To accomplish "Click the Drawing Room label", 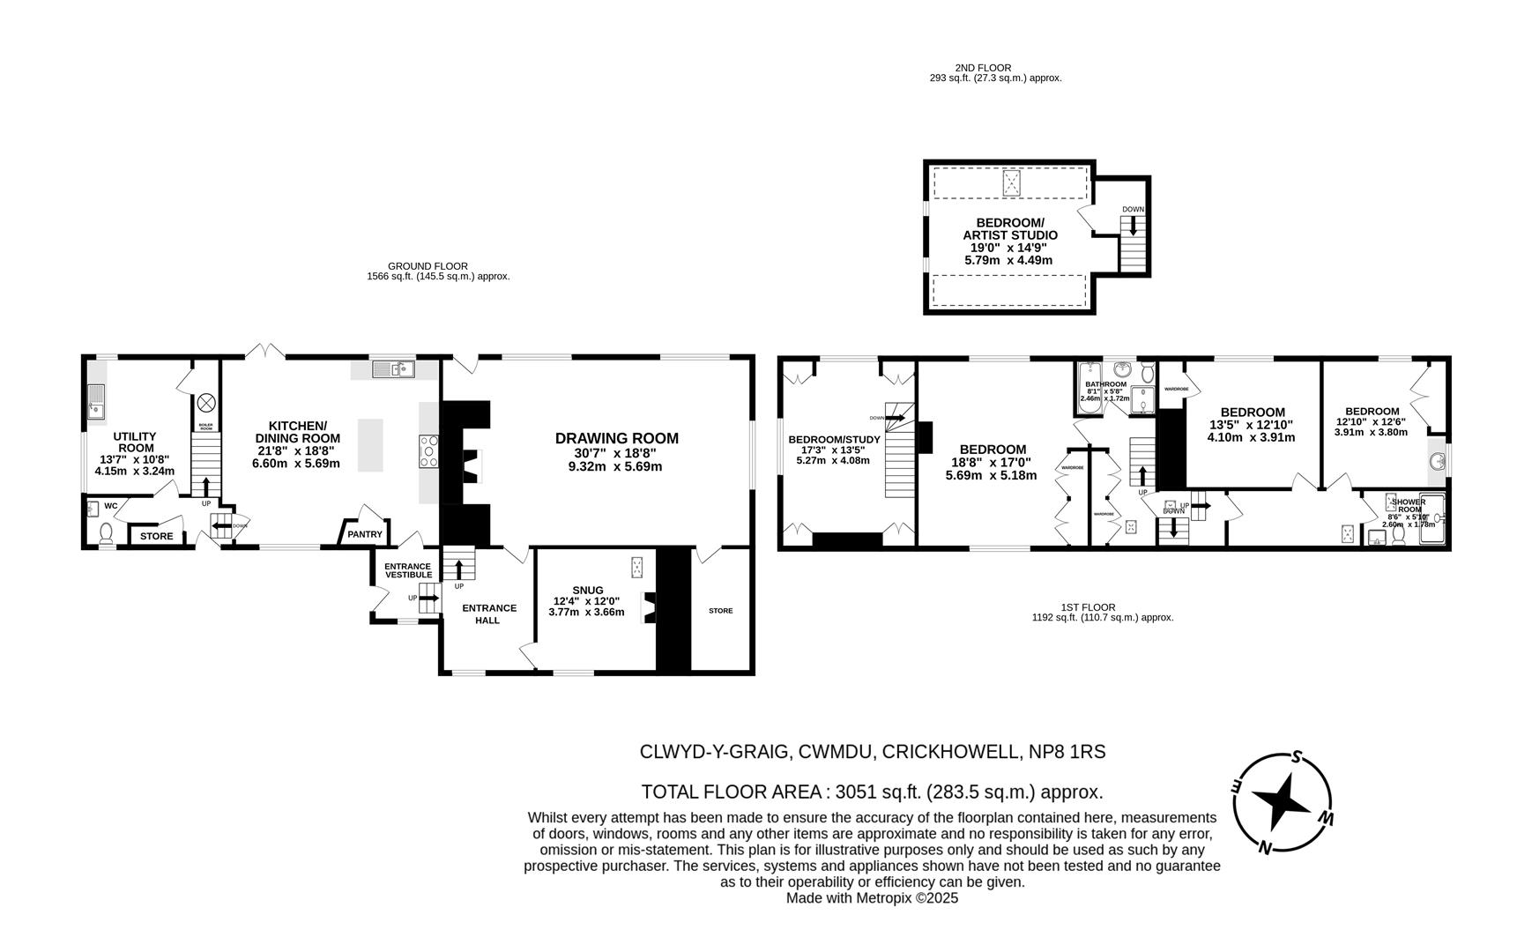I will (x=616, y=438).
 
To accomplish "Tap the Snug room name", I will (x=587, y=590).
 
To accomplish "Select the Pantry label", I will (x=365, y=534).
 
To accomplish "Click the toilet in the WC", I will (x=107, y=533).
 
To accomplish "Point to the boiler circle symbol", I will (x=206, y=403).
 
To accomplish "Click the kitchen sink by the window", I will (x=393, y=369).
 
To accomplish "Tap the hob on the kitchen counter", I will (x=429, y=451).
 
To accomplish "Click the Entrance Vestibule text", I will (x=407, y=570).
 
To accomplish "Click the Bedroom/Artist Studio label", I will (x=1009, y=229).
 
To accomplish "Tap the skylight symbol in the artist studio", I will (x=1011, y=182).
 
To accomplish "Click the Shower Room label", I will (x=1408, y=505).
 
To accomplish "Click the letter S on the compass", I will (x=1296, y=756).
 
